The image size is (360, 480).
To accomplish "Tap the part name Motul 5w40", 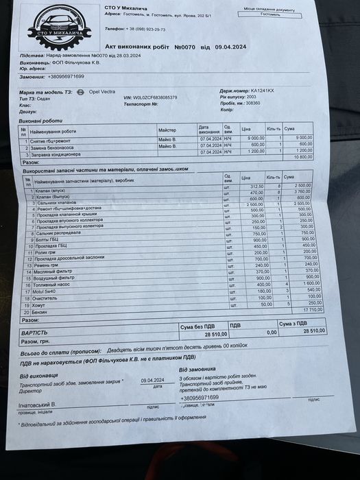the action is tap(43, 293).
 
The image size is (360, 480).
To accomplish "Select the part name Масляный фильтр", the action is tap(49, 272).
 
